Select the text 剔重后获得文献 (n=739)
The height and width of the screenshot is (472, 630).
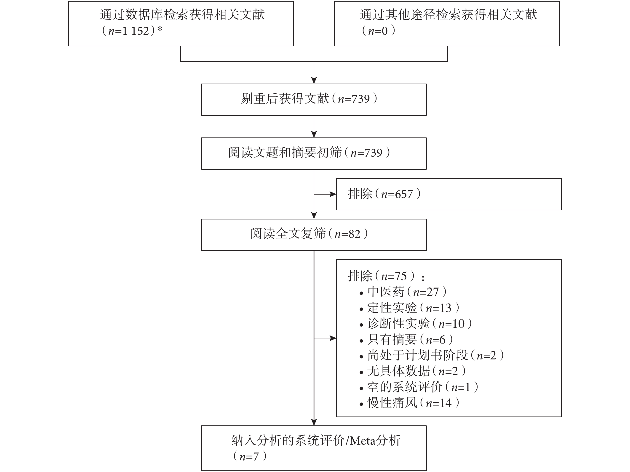coord(309,99)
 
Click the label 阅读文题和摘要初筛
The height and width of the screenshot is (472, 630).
coord(285,153)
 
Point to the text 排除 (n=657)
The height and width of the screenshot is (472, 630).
coord(384,194)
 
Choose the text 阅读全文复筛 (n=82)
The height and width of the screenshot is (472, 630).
coord(309,234)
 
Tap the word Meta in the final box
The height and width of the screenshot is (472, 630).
coord(363,441)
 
